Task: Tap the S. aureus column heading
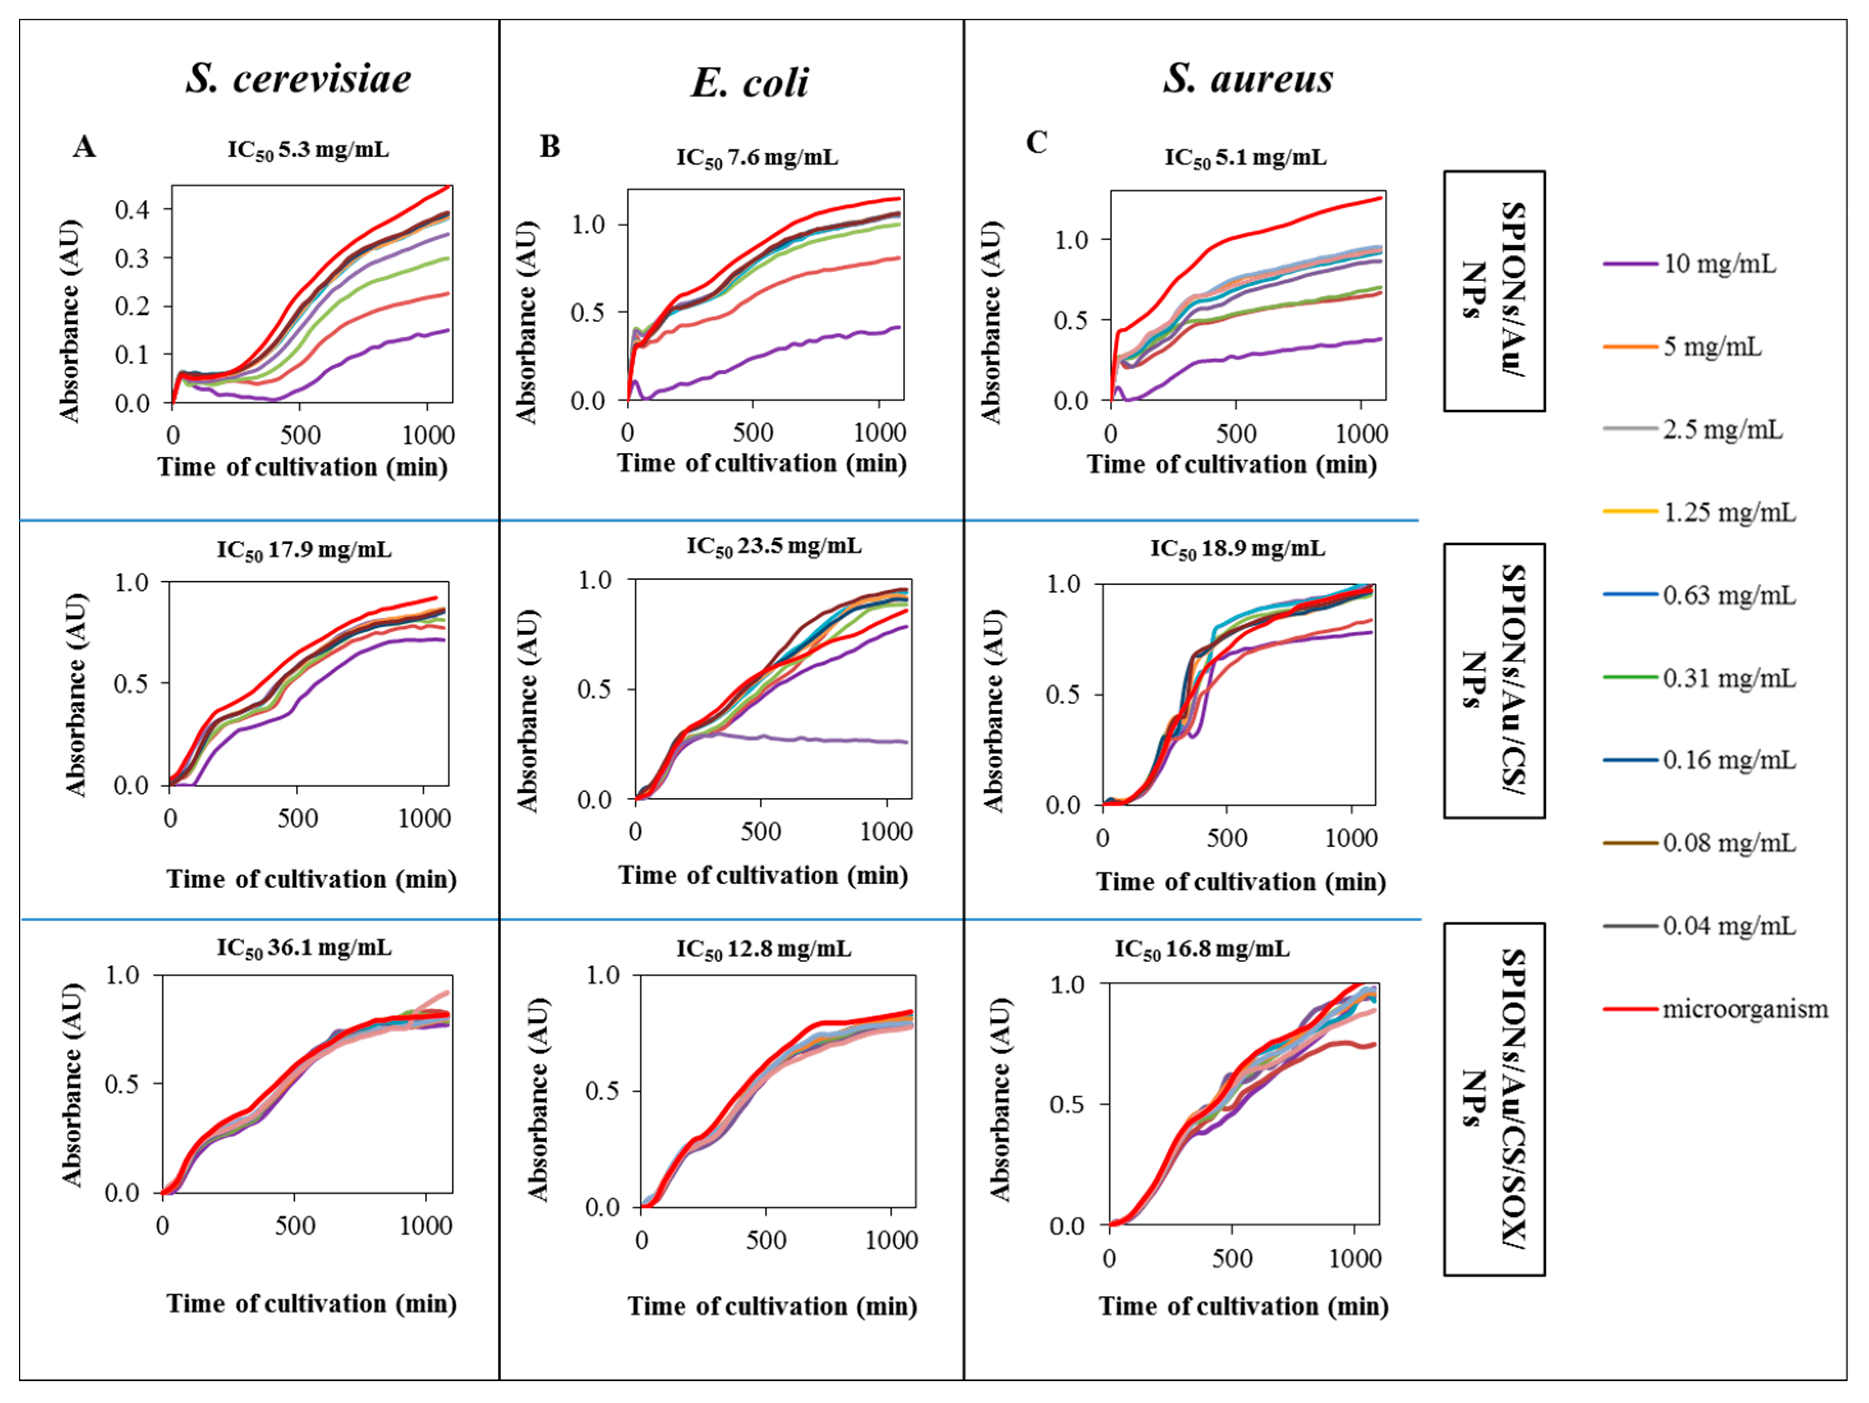pos(1247,79)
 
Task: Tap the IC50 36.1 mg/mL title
pos(304,947)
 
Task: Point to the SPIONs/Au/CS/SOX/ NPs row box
pos(1494,1099)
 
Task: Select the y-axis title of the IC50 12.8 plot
pos(538,1099)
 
